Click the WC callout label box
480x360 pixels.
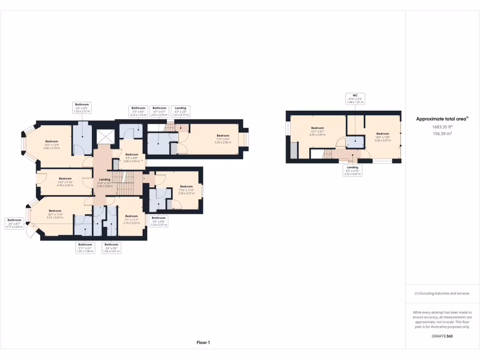[x=355, y=98]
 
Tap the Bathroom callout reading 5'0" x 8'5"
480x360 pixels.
[x=82, y=108]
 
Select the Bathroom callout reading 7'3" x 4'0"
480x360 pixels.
[x=138, y=111]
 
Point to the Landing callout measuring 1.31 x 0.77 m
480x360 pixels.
[x=180, y=111]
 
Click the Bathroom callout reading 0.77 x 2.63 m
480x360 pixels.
[x=15, y=223]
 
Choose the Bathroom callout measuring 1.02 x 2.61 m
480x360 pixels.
[x=111, y=248]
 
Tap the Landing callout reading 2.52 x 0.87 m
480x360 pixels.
[x=352, y=170]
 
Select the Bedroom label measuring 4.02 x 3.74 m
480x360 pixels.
[x=52, y=144]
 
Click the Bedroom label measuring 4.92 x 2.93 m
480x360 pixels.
[x=317, y=131]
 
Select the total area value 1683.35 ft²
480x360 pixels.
[x=442, y=127]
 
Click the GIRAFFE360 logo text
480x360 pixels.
[x=442, y=336]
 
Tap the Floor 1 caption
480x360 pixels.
[x=203, y=343]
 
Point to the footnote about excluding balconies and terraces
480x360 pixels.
[x=442, y=293]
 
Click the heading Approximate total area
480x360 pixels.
[x=442, y=119]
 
